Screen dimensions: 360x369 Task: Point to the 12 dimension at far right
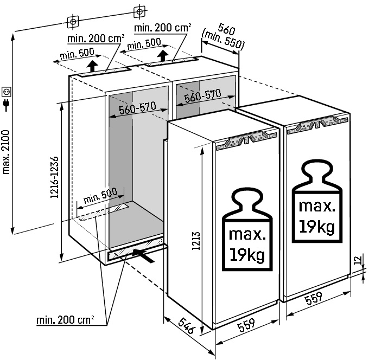click(357, 261)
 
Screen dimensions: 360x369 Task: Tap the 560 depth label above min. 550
click(226, 29)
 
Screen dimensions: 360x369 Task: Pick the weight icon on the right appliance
click(317, 200)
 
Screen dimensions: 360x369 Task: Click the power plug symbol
click(7, 105)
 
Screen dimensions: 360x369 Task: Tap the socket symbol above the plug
click(7, 91)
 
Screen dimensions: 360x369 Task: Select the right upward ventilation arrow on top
click(163, 56)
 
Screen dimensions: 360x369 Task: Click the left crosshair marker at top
click(72, 21)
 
